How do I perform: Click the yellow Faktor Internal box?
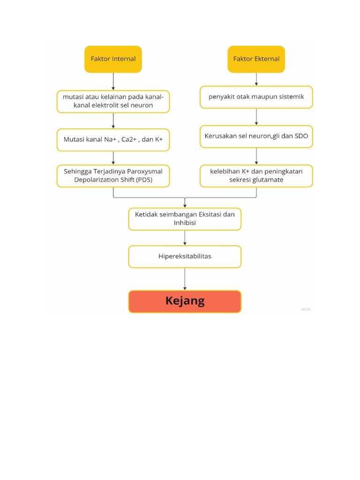[113, 59]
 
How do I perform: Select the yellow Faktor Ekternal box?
[256, 59]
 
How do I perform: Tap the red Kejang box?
[185, 301]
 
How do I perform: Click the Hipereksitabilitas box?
[185, 256]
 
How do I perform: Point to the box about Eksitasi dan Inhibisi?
[185, 219]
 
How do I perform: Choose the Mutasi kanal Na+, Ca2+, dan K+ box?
[113, 140]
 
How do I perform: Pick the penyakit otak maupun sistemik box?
[256, 97]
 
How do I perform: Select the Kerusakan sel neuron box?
[256, 136]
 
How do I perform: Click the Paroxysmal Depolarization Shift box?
[113, 176]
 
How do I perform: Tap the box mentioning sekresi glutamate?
[256, 176]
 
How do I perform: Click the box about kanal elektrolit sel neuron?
[113, 101]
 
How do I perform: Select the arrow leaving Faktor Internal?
[113, 81]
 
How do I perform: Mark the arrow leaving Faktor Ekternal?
[256, 79]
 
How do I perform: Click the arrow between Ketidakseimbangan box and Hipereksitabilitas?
[185, 238]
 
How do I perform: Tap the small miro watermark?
[306, 309]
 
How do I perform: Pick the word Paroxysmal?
[145, 172]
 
